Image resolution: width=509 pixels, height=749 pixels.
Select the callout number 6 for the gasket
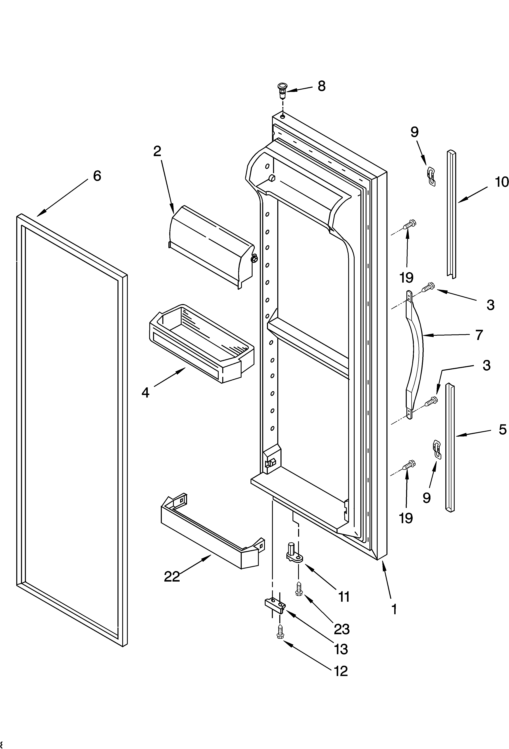pyautogui.click(x=97, y=176)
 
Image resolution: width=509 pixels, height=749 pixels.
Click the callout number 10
pyautogui.click(x=502, y=182)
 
